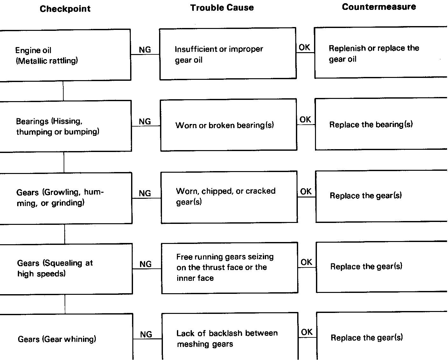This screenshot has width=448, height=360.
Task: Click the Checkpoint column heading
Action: [65, 9]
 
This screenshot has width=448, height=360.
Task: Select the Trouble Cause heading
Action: [222, 8]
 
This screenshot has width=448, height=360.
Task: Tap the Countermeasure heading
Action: [379, 7]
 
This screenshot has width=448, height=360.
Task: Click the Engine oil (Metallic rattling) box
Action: [65, 55]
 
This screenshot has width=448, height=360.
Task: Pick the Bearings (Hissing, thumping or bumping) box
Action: [66, 126]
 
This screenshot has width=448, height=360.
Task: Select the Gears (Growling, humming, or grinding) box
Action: [66, 198]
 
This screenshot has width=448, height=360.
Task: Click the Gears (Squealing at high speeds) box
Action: [66, 269]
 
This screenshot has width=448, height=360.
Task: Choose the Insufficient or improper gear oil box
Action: [228, 54]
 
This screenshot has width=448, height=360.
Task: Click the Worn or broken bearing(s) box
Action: [228, 125]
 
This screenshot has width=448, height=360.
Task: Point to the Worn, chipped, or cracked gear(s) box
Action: [229, 197]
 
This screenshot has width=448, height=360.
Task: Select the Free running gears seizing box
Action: [229, 267]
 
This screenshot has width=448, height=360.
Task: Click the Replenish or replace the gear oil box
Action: [381, 53]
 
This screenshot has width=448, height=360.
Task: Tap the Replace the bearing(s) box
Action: [381, 124]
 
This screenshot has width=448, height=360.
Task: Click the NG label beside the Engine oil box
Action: [145, 50]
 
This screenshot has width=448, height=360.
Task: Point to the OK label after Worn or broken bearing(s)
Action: [305, 120]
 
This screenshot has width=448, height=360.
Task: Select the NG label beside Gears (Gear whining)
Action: [146, 334]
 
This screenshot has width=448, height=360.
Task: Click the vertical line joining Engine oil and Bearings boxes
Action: [63, 91]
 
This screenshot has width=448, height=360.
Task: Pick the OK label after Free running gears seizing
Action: [306, 262]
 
